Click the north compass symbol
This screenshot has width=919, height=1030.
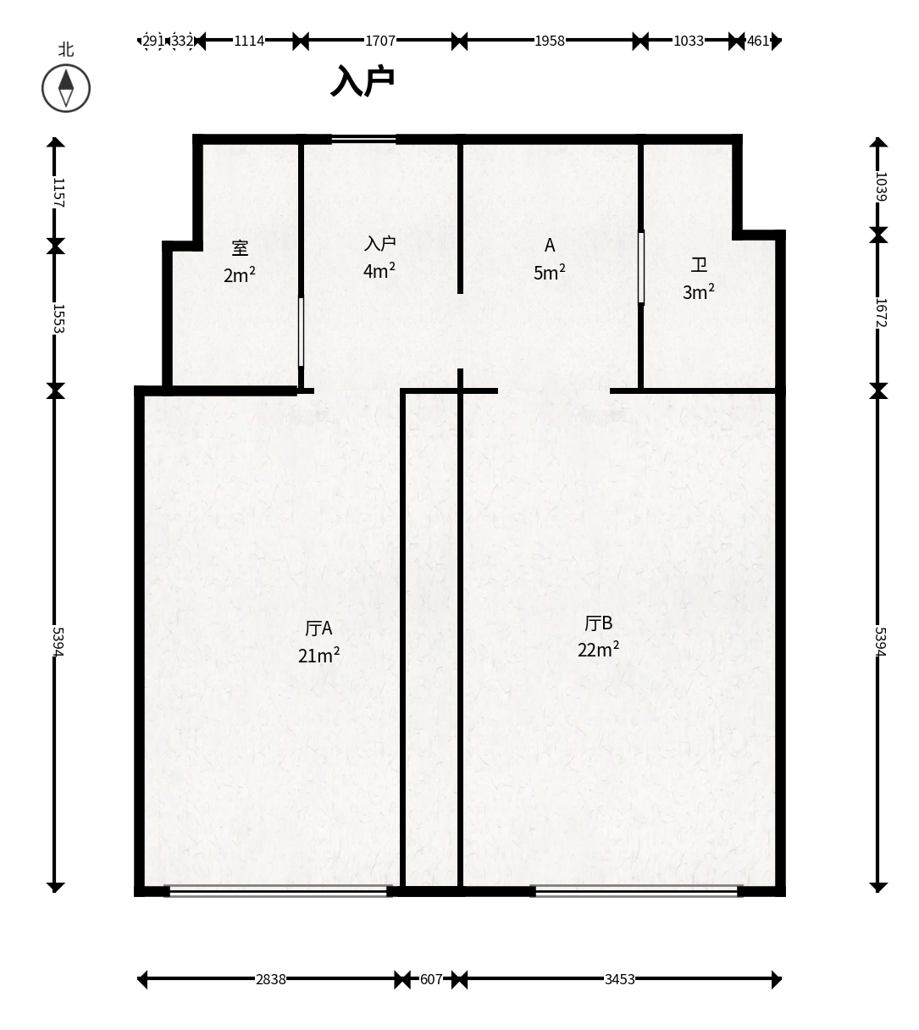(66, 88)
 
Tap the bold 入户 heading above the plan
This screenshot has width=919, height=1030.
(363, 80)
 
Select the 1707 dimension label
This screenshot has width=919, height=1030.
(380, 41)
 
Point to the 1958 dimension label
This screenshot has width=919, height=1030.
(550, 41)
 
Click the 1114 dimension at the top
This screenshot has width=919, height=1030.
(248, 41)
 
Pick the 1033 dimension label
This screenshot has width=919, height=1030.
(689, 41)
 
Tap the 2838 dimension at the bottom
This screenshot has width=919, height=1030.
(270, 979)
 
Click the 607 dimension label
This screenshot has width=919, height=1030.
(431, 979)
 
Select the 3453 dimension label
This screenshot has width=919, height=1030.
(620, 979)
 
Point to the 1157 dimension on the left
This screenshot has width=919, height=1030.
(59, 192)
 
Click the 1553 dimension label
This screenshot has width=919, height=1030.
(59, 318)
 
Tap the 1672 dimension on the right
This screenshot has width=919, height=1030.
(881, 313)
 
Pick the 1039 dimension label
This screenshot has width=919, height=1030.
(881, 186)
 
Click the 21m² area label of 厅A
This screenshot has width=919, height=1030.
(318, 656)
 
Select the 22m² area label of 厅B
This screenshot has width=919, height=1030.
(598, 650)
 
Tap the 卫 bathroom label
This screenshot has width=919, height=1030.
(699, 265)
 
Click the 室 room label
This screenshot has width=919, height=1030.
(240, 248)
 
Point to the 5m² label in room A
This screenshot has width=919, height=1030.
(550, 273)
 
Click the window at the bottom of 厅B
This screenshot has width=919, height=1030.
(636, 891)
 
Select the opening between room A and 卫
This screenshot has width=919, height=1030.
(641, 268)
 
